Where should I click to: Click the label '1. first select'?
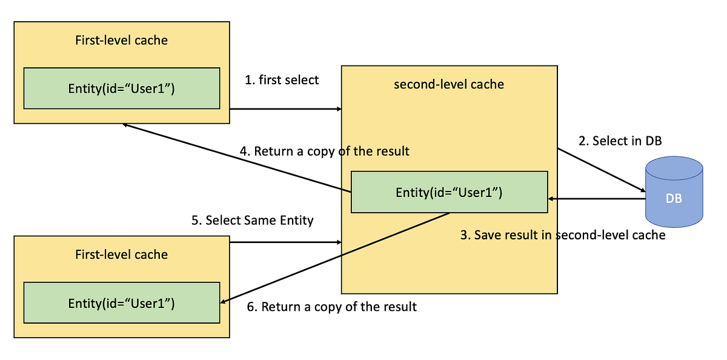click(x=282, y=80)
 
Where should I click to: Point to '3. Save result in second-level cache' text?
click(x=562, y=235)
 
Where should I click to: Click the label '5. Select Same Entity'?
click(x=253, y=220)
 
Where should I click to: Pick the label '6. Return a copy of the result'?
click(x=332, y=307)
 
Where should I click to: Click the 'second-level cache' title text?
click(x=449, y=84)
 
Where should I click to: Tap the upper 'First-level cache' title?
click(x=121, y=41)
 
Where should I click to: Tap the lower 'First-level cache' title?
click(x=121, y=255)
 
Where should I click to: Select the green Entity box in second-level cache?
click(x=449, y=192)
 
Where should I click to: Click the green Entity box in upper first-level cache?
click(x=121, y=88)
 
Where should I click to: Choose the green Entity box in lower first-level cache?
click(x=121, y=302)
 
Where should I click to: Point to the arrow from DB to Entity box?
click(x=597, y=198)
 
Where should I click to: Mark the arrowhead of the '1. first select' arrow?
click(x=339, y=109)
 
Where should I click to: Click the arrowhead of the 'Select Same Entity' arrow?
click(x=339, y=242)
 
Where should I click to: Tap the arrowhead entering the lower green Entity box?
click(x=224, y=301)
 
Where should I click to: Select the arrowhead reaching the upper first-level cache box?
click(x=125, y=125)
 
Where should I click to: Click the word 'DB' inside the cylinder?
click(x=674, y=198)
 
